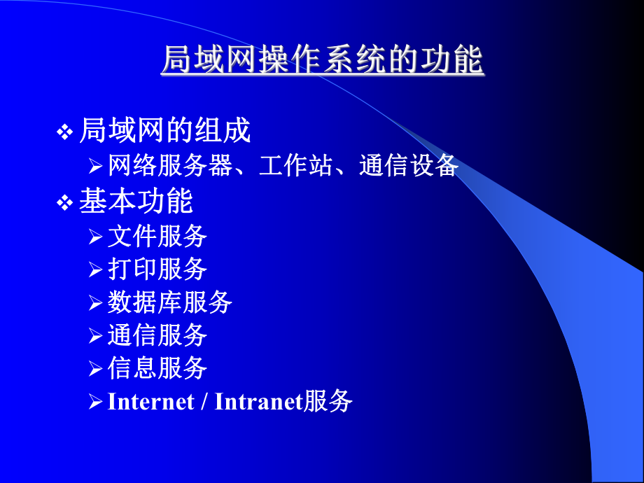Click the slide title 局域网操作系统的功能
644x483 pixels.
[x=322, y=61]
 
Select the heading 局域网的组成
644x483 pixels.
[x=164, y=131]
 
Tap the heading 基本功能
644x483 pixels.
[x=136, y=202]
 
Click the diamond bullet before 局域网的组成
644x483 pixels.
[x=64, y=132]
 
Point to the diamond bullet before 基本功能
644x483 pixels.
[x=64, y=203]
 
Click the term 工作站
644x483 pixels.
[x=295, y=167]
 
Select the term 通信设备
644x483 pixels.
[x=409, y=167]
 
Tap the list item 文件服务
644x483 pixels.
[x=157, y=237]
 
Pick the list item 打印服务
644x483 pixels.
[x=157, y=269]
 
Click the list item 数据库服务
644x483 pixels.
[x=170, y=302]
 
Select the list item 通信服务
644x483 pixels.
[x=157, y=335]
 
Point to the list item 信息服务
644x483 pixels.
[x=157, y=367]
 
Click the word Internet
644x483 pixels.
[x=150, y=402]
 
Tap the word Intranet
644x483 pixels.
[x=258, y=402]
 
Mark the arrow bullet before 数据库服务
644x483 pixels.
[x=96, y=303]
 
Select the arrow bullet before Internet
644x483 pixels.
[x=96, y=402]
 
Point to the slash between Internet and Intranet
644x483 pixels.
[x=204, y=402]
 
